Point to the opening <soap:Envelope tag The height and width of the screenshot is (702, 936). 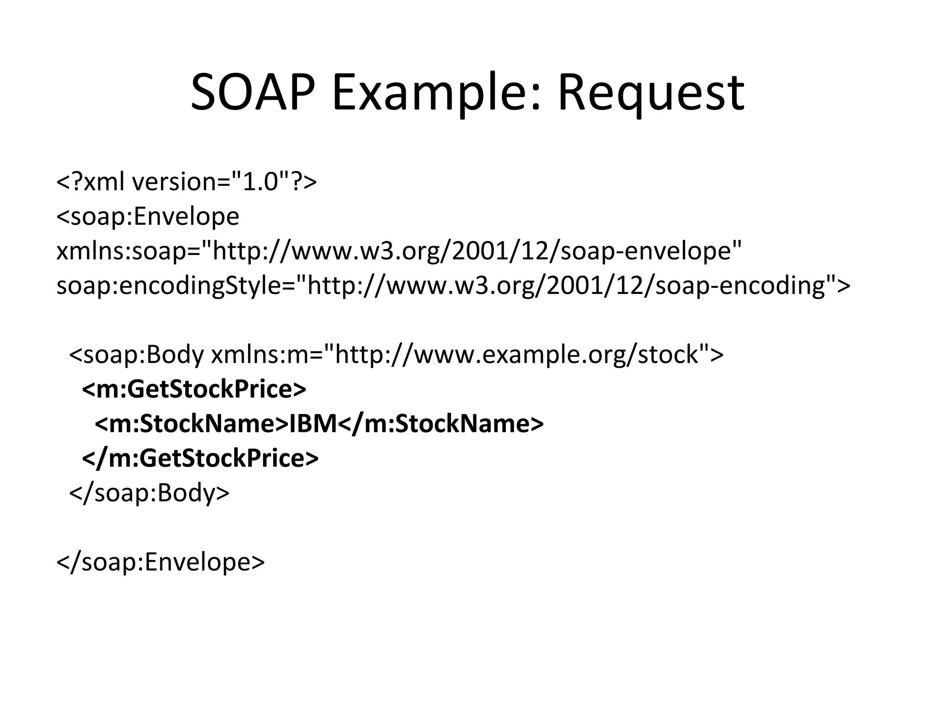click(148, 216)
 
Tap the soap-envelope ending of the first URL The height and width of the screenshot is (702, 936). click(647, 251)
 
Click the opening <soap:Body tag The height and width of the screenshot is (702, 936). click(137, 355)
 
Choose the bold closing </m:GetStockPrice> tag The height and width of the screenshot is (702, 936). click(200, 458)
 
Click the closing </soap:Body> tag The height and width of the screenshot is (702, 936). click(149, 493)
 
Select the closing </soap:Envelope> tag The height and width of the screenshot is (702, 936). click(160, 562)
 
